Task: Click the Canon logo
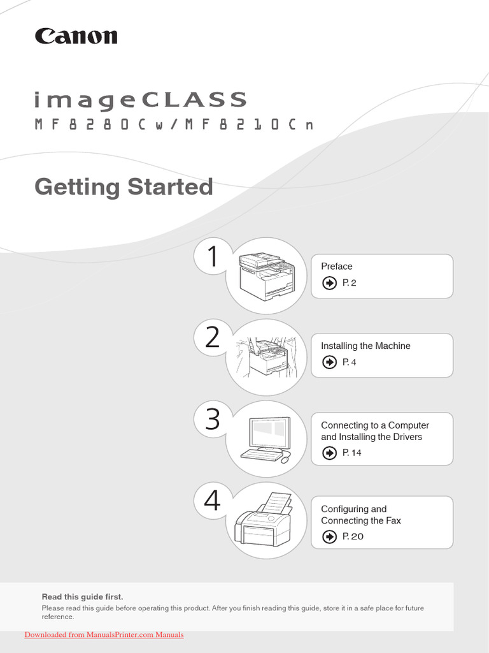(x=76, y=36)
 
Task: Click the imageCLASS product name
(x=140, y=100)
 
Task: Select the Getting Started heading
(x=124, y=187)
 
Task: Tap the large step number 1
(x=213, y=258)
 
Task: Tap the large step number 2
(x=213, y=337)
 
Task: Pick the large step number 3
(x=213, y=420)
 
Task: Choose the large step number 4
(x=213, y=501)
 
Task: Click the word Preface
(x=336, y=267)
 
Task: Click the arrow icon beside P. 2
(x=329, y=283)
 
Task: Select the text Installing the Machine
(x=365, y=346)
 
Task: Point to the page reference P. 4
(x=350, y=362)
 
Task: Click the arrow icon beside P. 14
(x=329, y=453)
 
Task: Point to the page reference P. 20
(x=353, y=537)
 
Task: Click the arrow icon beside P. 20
(x=329, y=537)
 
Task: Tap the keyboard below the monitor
(x=261, y=454)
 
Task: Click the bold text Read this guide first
(x=82, y=597)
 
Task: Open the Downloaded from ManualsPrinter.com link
(x=104, y=635)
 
